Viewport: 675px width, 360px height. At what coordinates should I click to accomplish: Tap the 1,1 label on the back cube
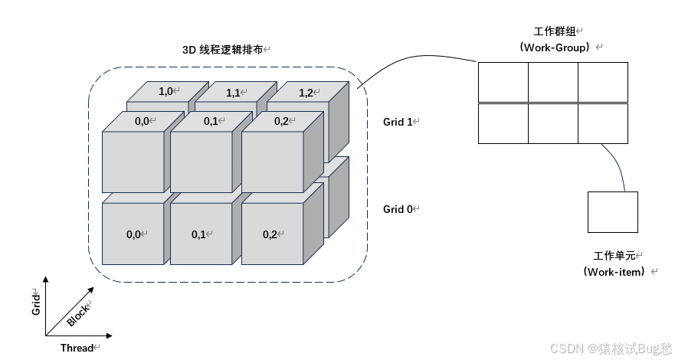234,93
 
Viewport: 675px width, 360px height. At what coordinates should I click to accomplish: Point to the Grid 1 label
398,122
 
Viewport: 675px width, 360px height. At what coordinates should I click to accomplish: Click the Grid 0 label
398,208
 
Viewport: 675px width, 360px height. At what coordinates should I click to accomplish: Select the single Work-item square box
613,212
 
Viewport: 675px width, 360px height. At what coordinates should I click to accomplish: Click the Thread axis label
77,348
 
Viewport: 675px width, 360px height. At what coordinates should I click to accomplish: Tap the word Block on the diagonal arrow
77,313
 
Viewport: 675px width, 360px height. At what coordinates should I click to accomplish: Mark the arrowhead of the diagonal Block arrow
93,290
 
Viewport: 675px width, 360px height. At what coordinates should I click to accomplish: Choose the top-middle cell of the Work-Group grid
552,82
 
